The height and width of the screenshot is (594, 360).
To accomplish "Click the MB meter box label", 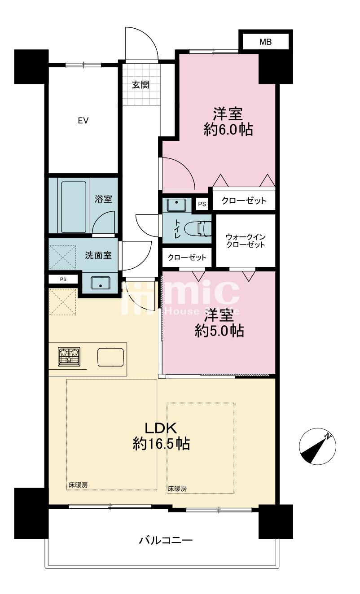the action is click(x=265, y=42).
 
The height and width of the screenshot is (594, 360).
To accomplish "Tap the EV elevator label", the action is click(x=83, y=121).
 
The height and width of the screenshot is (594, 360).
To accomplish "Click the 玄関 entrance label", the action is click(x=140, y=85).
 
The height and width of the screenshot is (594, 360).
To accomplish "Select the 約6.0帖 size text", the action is click(x=228, y=130).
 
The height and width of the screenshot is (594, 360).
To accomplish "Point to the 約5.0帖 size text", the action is click(x=220, y=331).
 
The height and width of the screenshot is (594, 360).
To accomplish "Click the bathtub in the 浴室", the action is click(x=74, y=206).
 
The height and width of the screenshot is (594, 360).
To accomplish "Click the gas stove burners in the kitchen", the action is click(x=69, y=357).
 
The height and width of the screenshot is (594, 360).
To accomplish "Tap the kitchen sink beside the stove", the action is click(x=110, y=357).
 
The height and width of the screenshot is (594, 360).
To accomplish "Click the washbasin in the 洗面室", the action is click(x=100, y=283).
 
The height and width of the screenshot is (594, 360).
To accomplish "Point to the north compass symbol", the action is click(x=317, y=446).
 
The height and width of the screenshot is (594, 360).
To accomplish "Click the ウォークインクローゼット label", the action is click(x=246, y=240).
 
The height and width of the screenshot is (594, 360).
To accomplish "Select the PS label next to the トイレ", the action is click(x=202, y=204).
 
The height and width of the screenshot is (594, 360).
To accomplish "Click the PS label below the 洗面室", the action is click(x=63, y=279).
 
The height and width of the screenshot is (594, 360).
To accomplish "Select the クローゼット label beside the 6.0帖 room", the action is click(x=244, y=201).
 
